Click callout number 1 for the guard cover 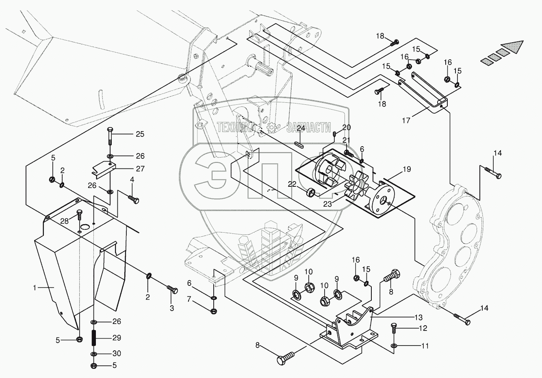pos(35,287)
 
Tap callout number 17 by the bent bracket pos(406,120)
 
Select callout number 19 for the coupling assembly pos(407,169)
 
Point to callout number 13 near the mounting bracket pos(418,317)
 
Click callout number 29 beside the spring pos(117,337)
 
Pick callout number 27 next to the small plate pos(140,168)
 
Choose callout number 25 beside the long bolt pos(140,134)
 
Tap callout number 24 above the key pos(300,128)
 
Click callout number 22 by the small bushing pos(292,184)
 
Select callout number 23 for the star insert pos(327,204)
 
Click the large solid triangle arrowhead pos(512,47)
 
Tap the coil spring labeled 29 pos(94,338)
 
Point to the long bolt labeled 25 pos(110,136)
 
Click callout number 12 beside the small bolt pos(423,328)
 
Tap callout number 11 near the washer pos(425,346)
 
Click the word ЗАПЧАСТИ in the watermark pos(308,127)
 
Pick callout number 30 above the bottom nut pos(117,353)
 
